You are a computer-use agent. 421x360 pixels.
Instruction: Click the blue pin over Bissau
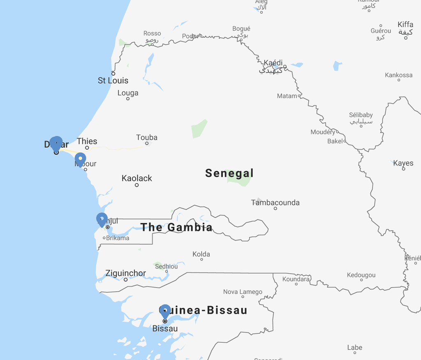coord(165,311)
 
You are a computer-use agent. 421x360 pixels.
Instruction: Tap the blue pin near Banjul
coord(102,219)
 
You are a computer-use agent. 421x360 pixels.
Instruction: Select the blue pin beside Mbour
coord(80,159)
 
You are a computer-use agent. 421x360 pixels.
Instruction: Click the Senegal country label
coord(229,173)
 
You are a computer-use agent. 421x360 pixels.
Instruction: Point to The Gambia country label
coord(177,227)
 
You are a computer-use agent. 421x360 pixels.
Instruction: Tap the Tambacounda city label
coord(275,203)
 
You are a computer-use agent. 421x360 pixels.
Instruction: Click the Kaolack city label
coord(137,178)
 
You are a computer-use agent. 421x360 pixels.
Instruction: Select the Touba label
coord(147,137)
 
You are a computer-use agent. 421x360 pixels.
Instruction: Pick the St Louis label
coord(113,81)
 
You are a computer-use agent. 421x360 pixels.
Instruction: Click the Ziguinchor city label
coord(125,273)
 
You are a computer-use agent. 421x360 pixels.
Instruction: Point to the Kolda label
coord(201,254)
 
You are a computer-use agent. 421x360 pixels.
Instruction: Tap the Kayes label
coord(403,163)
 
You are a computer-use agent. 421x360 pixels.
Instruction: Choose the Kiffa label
coord(405,25)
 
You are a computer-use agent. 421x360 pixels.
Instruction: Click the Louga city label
coord(128,93)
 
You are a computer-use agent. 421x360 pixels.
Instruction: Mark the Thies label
coord(87,141)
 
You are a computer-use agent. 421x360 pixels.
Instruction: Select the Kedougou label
coord(361,275)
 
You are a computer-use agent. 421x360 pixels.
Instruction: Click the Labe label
coord(354,348)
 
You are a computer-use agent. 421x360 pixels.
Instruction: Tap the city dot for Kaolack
coord(137,185)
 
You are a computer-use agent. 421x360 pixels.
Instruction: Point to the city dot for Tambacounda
coord(275,209)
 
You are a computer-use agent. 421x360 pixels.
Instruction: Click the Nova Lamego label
coord(243,292)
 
